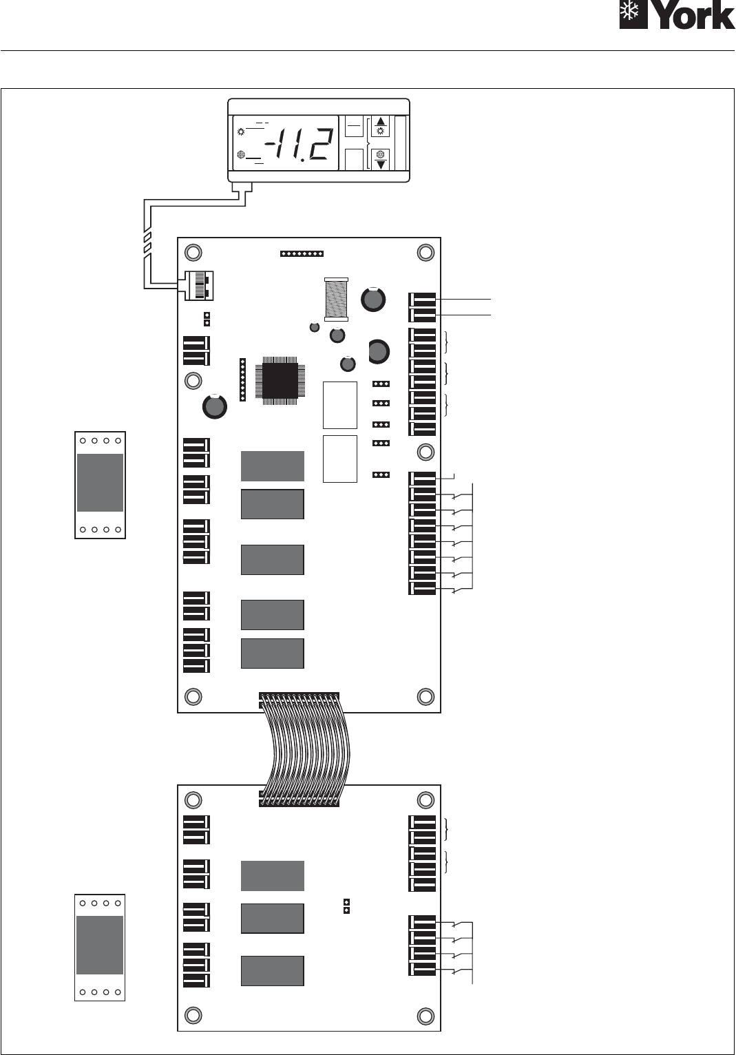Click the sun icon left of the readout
point(241,132)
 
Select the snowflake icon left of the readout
point(240,155)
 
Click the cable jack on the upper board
point(196,285)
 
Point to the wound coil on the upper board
point(336,299)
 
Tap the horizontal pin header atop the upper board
point(302,254)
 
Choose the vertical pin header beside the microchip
point(242,379)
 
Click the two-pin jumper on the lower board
point(347,906)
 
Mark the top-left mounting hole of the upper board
point(193,253)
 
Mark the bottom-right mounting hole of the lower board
point(425,1016)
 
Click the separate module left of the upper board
point(101,485)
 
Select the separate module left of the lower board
point(100,948)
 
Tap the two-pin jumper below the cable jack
point(207,319)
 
